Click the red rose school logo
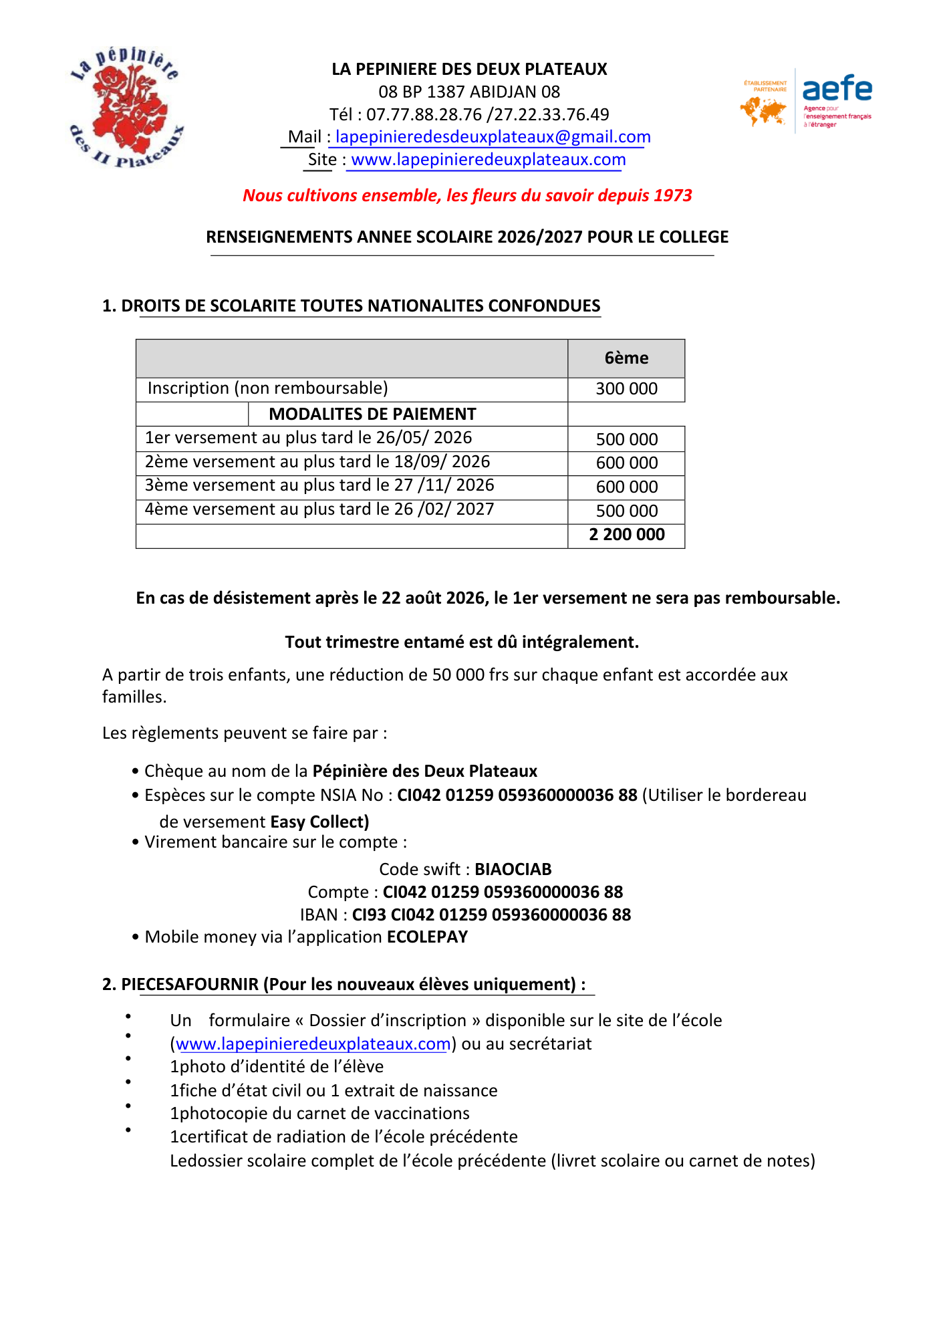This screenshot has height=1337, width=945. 126,107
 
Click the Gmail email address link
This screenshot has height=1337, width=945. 493,137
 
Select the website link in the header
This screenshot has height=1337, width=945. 488,160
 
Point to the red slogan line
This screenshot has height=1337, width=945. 466,195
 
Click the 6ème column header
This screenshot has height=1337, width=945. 626,358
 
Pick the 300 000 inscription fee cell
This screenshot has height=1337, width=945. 626,389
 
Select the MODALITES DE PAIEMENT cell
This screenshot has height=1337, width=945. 372,414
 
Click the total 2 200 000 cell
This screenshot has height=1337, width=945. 626,535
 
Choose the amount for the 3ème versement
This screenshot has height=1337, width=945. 626,487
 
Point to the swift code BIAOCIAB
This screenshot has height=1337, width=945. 513,869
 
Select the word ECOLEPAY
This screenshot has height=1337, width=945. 427,937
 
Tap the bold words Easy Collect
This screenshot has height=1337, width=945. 319,822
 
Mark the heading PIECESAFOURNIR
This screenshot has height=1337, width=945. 190,985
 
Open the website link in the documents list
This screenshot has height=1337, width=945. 313,1044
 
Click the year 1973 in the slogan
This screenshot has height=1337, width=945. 672,195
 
